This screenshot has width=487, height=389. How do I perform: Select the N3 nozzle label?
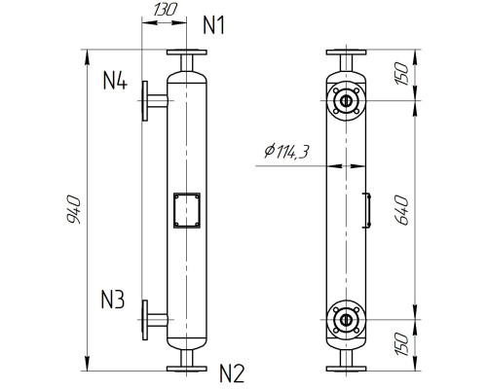pos(114,300)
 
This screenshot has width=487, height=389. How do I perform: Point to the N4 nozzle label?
pos(115,81)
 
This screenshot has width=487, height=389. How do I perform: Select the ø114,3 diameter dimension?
pos(287,153)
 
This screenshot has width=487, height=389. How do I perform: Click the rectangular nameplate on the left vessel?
pos(185,210)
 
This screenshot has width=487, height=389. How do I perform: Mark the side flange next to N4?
pos(146,99)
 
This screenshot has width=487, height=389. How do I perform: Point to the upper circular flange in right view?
pos(345,99)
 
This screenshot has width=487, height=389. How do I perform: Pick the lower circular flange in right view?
pos(345,318)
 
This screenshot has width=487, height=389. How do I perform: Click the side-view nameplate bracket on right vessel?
pos(367,210)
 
